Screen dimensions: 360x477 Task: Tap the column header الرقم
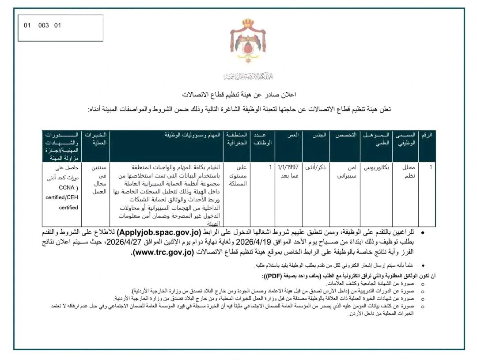427,135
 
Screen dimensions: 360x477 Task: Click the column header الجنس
316,135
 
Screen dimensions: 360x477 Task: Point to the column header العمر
288,135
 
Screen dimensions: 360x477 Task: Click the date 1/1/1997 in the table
288,167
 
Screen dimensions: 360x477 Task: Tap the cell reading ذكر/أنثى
316,167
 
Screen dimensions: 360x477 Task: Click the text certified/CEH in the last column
62,197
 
